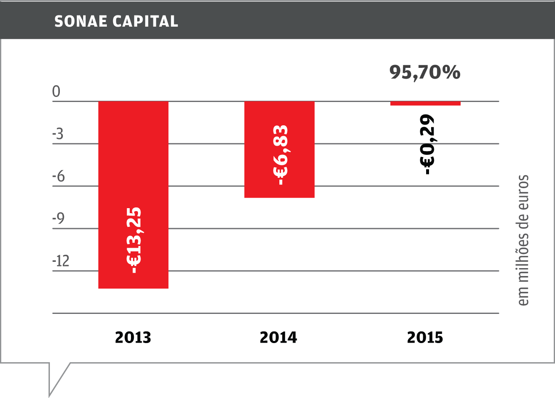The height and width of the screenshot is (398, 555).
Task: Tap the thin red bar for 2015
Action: [425, 103]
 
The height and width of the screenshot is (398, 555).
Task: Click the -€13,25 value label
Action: [134, 240]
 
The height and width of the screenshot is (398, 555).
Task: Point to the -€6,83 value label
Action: [280, 155]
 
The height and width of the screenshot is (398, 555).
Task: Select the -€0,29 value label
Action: [427, 144]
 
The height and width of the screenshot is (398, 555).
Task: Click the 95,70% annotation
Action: [425, 72]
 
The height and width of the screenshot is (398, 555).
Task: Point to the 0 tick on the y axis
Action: [56, 92]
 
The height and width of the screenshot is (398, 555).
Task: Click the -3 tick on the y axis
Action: [58, 134]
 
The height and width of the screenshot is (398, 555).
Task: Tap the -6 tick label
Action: [58, 177]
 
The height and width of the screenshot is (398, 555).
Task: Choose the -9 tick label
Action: [58, 219]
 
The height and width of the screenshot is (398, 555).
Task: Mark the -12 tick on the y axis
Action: [61, 261]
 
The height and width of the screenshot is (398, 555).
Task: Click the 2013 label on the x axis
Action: [133, 338]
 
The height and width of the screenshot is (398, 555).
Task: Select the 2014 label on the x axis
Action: [279, 338]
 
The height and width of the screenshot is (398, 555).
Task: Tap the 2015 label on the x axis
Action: [425, 338]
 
